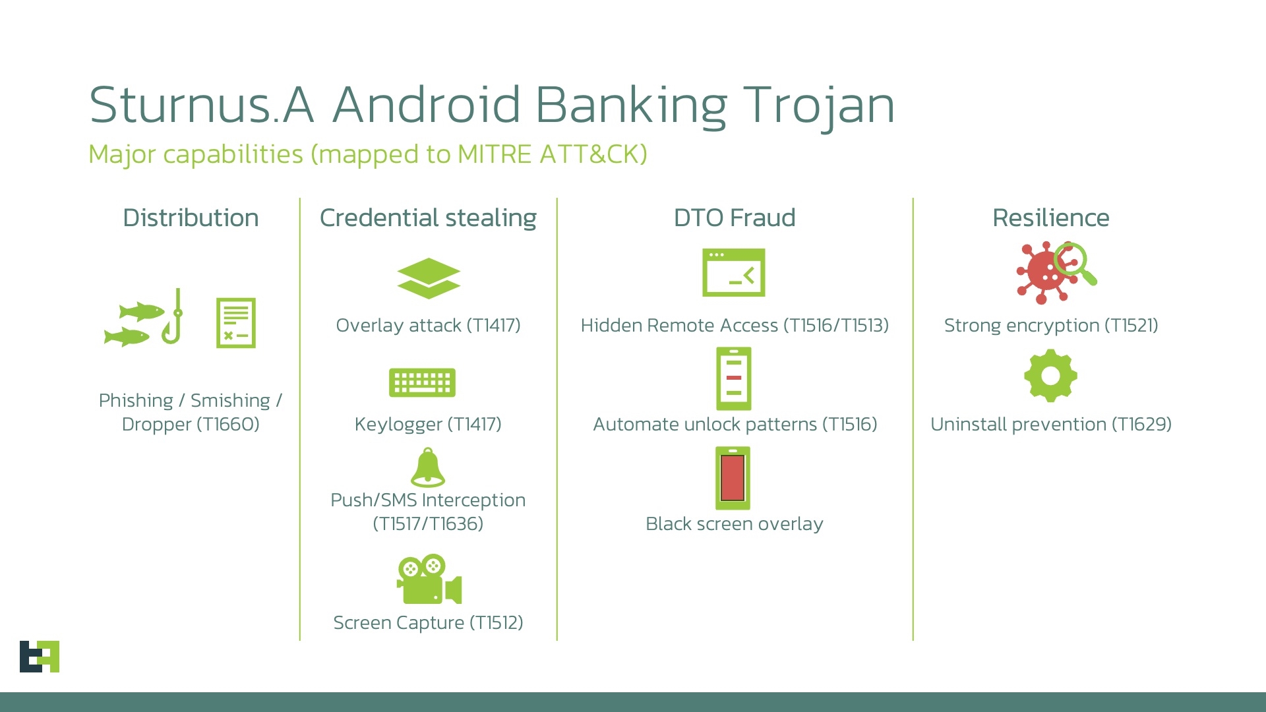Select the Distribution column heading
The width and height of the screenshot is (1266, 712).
click(191, 218)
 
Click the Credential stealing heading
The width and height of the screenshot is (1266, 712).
click(428, 218)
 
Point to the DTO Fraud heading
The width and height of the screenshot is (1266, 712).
click(735, 218)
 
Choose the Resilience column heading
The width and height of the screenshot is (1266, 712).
click(1050, 218)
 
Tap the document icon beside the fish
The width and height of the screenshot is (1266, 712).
click(235, 322)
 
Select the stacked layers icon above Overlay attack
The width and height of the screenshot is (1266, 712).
click(429, 278)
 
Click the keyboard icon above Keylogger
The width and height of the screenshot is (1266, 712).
click(422, 382)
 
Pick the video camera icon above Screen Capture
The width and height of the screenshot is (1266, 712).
click(429, 580)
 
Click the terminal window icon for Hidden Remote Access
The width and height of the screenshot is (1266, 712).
click(733, 272)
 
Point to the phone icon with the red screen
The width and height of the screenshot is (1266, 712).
click(733, 478)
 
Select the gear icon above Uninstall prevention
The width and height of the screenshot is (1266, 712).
click(1050, 376)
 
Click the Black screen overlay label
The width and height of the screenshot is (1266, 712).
click(734, 523)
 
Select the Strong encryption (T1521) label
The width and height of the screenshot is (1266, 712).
click(1050, 325)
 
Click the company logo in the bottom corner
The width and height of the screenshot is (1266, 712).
click(40, 656)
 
